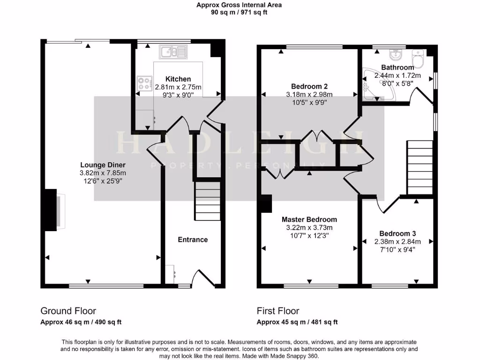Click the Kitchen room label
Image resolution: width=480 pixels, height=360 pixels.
click(x=178, y=79)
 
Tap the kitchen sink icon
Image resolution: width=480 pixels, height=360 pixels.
click(x=172, y=52)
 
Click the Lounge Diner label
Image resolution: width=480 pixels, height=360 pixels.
click(x=103, y=165)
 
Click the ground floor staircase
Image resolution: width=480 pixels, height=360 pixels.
click(x=207, y=201)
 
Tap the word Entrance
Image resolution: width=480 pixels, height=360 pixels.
click(x=193, y=240)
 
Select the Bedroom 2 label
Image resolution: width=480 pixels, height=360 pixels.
click(x=309, y=86)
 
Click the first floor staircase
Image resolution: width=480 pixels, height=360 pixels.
click(x=419, y=166)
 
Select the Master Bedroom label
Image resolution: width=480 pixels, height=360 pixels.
click(x=309, y=219)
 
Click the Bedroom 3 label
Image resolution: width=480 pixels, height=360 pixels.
click(x=397, y=233)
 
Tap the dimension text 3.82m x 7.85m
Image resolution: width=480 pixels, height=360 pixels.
click(x=103, y=172)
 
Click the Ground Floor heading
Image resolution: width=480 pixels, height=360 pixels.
click(x=68, y=311)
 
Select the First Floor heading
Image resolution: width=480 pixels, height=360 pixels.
click(x=278, y=311)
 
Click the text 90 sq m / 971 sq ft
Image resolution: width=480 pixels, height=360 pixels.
click(x=239, y=13)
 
